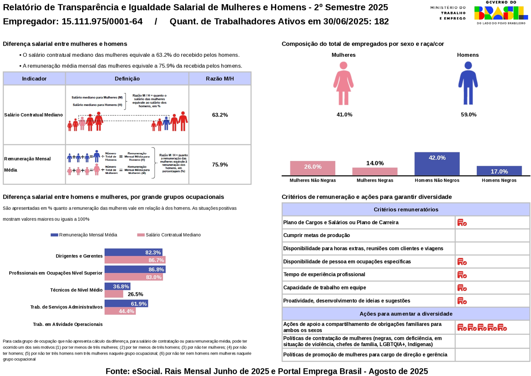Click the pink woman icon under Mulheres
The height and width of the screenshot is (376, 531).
pyautogui.click(x=343, y=83)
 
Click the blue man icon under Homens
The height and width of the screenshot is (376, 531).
pyautogui.click(x=468, y=83)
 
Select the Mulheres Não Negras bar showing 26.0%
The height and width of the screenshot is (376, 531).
pyautogui.click(x=312, y=168)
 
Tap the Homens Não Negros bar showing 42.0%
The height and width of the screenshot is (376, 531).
pyautogui.click(x=437, y=164)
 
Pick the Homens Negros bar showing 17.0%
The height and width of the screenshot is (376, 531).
pyautogui.click(x=499, y=171)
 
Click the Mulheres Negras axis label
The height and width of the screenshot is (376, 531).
pyautogui.click(x=375, y=180)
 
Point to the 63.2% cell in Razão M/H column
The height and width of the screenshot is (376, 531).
pyautogui.click(x=220, y=115)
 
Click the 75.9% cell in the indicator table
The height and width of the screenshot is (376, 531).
pyautogui.click(x=220, y=164)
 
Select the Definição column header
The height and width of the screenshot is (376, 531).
pyautogui.click(x=127, y=79)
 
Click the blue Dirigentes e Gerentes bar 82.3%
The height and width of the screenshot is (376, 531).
pyautogui.click(x=133, y=253)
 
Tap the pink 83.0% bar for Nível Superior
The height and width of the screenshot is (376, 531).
pyautogui.click(x=133, y=277)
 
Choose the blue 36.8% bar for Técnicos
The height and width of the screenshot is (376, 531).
pyautogui.click(x=117, y=286)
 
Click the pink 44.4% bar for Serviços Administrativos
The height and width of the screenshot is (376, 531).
pyautogui.click(x=120, y=311)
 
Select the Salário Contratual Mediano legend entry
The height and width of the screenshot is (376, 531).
pyautogui.click(x=169, y=235)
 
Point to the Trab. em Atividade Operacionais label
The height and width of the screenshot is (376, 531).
pyautogui.click(x=68, y=324)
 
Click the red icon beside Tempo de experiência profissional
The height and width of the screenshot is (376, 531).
pyautogui.click(x=462, y=275)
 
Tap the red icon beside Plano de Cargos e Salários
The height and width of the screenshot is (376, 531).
pyautogui.click(x=462, y=223)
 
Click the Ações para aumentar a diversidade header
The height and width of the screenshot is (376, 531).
pyautogui.click(x=406, y=314)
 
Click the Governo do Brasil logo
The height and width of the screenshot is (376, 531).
pyautogui.click(x=501, y=13)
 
